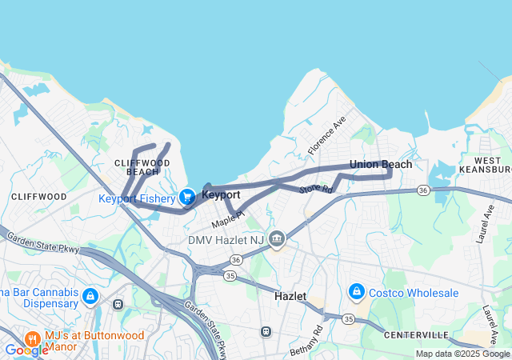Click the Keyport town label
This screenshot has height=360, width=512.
pos(221,194)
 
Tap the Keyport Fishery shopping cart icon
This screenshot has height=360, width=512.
pos(187,196)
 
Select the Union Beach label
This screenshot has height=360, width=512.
pos(381,165)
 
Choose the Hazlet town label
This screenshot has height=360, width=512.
pos(289,296)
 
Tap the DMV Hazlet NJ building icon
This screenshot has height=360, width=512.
pos(277,238)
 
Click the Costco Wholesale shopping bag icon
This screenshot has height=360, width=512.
pos(357,293)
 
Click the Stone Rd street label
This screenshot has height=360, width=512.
pos(315,190)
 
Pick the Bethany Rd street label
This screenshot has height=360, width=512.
pos(306,340)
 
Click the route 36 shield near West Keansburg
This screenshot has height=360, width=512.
pos(423,190)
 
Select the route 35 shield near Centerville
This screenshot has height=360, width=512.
pos(348,318)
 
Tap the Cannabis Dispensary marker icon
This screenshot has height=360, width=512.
pos(91,297)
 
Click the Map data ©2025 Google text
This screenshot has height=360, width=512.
pos(462,354)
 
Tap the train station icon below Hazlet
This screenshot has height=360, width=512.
pos(266,331)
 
